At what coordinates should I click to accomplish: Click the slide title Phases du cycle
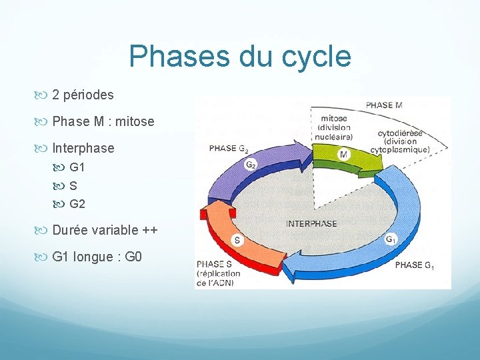[240, 57]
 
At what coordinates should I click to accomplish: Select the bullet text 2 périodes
[83, 95]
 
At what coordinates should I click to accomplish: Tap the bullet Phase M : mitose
[103, 122]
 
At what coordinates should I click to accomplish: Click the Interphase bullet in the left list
[83, 148]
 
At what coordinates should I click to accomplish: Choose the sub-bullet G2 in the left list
[77, 204]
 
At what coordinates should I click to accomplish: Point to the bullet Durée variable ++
[105, 231]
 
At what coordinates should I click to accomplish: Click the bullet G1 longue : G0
[97, 257]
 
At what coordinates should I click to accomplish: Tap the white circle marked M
[343, 155]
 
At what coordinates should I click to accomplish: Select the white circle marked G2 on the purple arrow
[251, 164]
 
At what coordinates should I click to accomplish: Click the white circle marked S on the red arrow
[236, 240]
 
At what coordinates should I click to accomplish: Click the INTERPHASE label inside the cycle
[311, 224]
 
